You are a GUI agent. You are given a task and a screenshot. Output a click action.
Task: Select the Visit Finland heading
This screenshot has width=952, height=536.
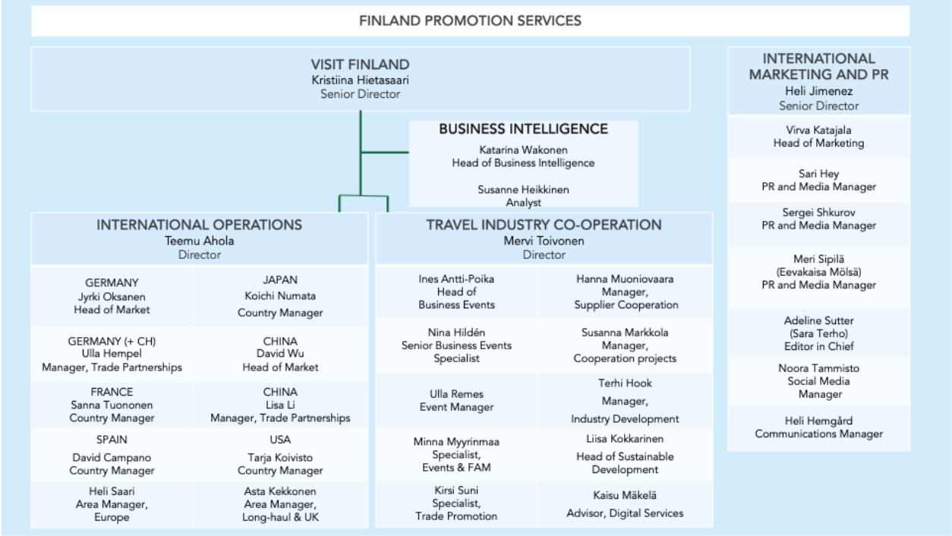pyautogui.click(x=360, y=65)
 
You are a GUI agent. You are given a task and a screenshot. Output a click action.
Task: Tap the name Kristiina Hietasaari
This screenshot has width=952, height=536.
pyautogui.click(x=360, y=79)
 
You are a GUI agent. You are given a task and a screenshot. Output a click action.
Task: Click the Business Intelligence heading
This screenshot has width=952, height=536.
pyautogui.click(x=523, y=130)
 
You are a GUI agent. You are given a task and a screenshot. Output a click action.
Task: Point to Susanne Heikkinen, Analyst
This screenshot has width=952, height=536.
pyautogui.click(x=523, y=196)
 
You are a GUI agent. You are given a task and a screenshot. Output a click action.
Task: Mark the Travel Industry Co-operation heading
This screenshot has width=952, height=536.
pyautogui.click(x=544, y=225)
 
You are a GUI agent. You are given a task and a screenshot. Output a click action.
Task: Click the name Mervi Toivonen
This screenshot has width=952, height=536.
pyautogui.click(x=544, y=241)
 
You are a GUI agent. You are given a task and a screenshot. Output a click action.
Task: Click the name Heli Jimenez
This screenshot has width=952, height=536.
pyautogui.click(x=818, y=91)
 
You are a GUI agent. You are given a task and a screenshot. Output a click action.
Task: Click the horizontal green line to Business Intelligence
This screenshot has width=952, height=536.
pyautogui.click(x=384, y=152)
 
